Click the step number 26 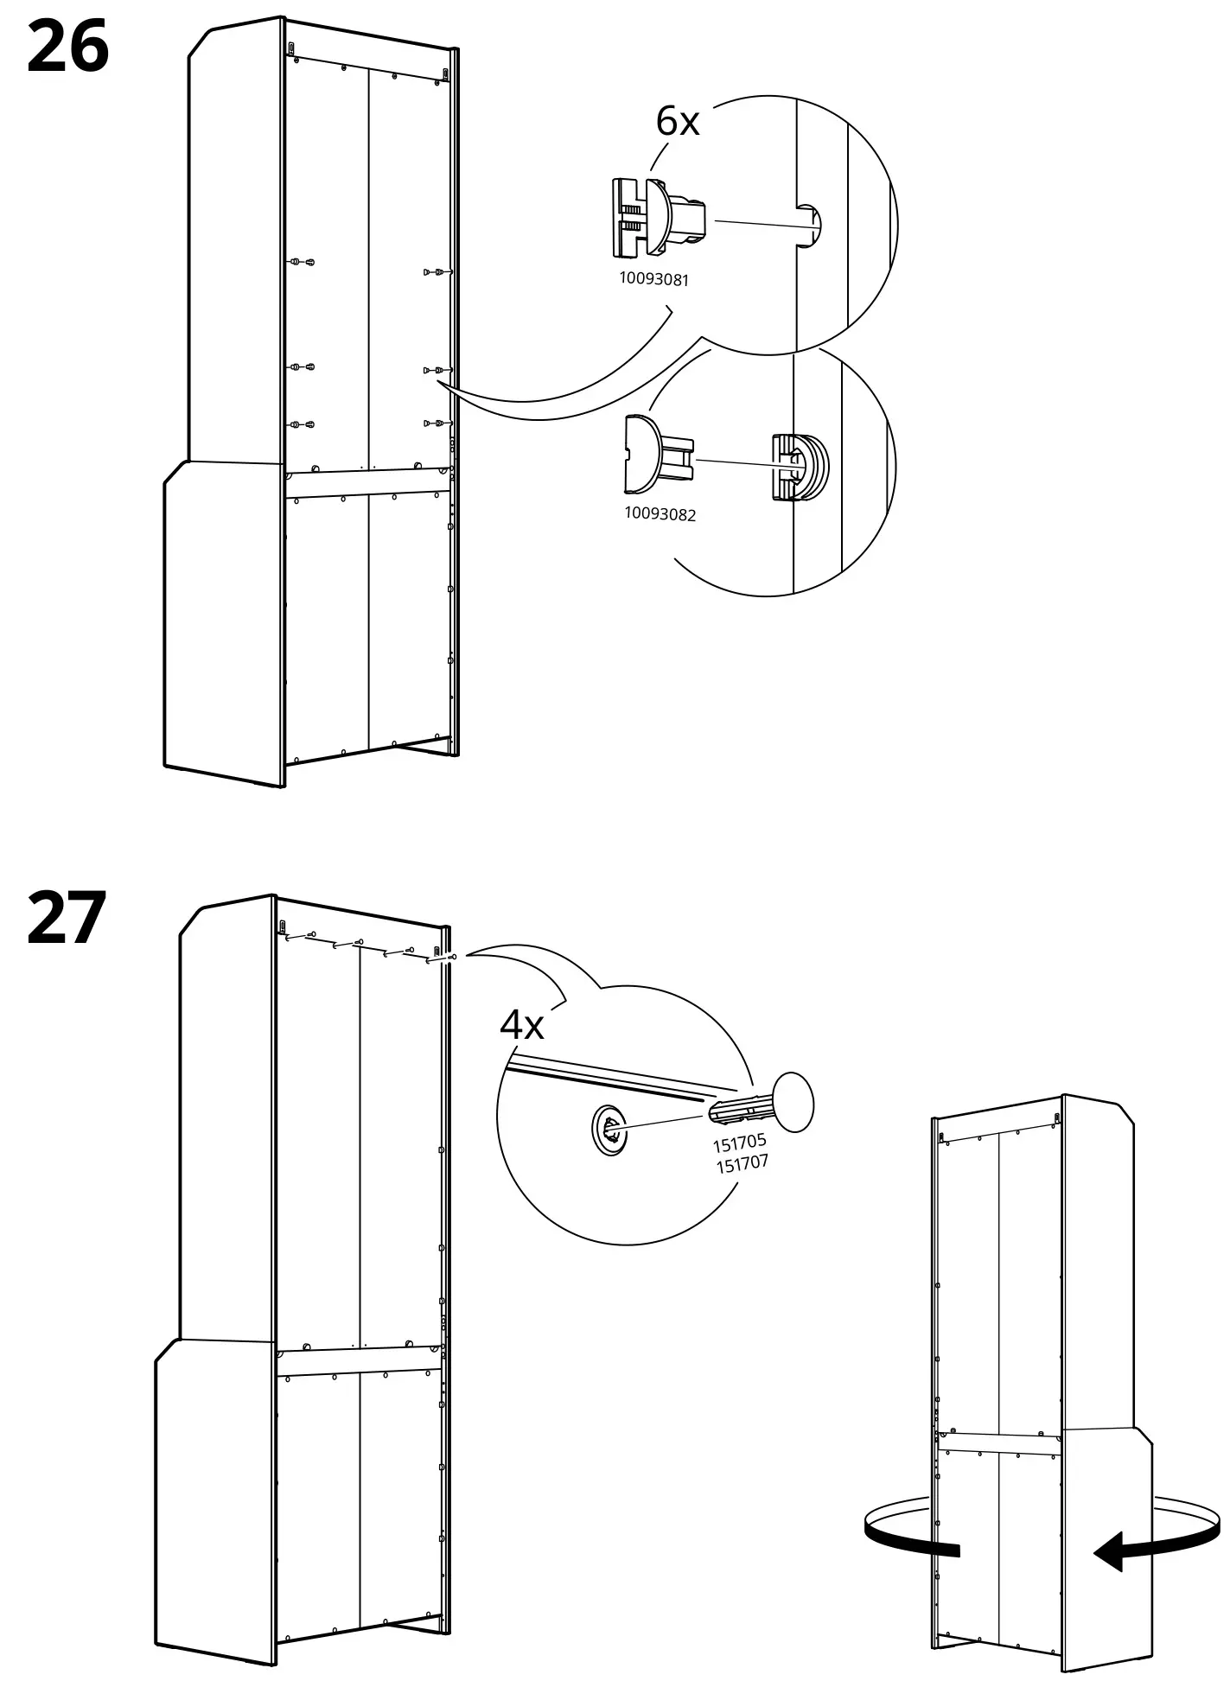tap(68, 48)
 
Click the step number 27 tap(67, 918)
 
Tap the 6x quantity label tap(677, 121)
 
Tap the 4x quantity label tap(522, 1025)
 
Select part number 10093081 tap(654, 279)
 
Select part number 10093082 tap(660, 514)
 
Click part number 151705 tap(739, 1143)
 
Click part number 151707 tap(742, 1163)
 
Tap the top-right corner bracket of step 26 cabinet tap(446, 75)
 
